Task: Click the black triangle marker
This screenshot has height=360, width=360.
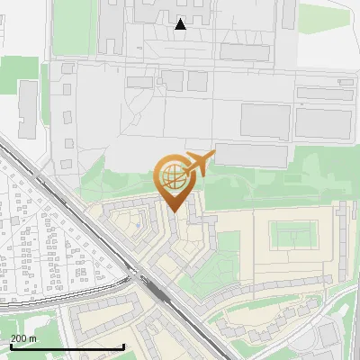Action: pyautogui.click(x=181, y=24)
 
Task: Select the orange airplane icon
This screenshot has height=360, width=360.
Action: pyautogui.click(x=200, y=164)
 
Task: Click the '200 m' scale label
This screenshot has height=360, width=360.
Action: pyautogui.click(x=24, y=337)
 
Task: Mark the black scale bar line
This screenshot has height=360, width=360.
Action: pyautogui.click(x=67, y=346)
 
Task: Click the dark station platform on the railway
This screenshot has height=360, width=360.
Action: pyautogui.click(x=158, y=290)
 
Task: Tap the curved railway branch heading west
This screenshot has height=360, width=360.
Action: pyautogui.click(x=63, y=297)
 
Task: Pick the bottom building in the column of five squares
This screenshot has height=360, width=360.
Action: pyautogui.click(x=67, y=165)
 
